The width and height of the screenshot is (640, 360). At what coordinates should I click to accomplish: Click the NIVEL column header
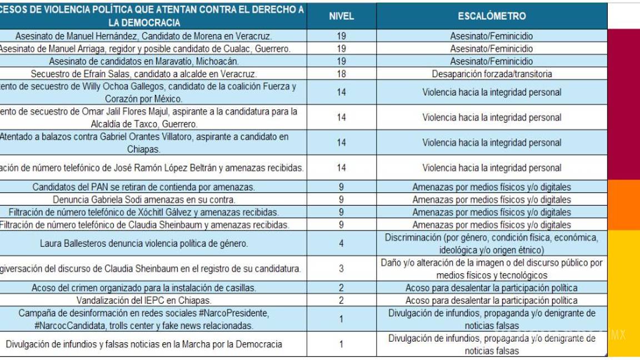[341, 16]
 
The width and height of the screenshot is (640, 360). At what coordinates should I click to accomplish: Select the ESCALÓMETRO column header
[492, 16]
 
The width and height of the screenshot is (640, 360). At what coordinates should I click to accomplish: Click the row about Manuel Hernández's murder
[143, 36]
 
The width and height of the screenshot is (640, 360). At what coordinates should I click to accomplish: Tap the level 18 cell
[341, 73]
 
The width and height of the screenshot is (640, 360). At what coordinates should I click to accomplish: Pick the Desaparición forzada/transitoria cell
[492, 73]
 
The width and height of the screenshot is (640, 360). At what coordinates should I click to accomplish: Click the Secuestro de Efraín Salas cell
[143, 73]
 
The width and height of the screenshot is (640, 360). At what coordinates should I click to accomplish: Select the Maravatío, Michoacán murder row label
[143, 61]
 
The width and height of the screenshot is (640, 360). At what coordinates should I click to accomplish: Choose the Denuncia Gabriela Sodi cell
[143, 199]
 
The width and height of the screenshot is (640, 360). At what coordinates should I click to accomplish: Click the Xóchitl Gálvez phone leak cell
[143, 212]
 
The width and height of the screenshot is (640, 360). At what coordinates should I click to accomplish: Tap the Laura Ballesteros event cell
[143, 243]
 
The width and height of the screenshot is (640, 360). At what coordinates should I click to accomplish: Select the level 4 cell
[341, 243]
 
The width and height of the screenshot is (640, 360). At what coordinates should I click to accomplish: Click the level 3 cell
[341, 269]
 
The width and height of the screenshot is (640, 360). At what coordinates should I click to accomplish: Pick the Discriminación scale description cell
[492, 243]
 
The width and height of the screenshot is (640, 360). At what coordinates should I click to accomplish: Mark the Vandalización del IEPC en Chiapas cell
[143, 301]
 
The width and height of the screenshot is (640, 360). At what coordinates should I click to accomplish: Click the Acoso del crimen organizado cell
[143, 288]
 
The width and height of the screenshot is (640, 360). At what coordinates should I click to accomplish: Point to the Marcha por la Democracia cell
[143, 344]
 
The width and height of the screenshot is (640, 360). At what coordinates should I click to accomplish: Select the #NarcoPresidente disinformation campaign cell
[143, 319]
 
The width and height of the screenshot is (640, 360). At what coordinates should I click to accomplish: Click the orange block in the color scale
[623, 204]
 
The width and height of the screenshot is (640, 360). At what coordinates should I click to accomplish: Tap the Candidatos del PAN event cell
[143, 187]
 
